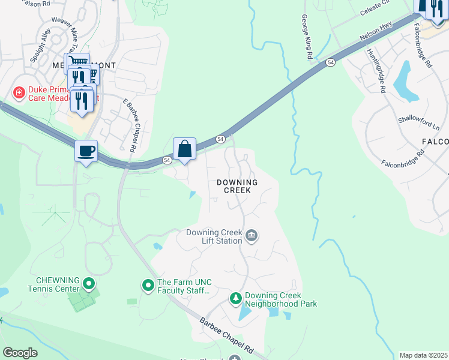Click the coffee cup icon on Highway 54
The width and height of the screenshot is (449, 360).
tap(86, 150)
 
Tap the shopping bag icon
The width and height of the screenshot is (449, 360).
tap(184, 148)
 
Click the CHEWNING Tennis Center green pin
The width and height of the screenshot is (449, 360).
tap(89, 283)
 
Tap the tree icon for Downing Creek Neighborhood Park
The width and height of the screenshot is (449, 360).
tap(237, 298)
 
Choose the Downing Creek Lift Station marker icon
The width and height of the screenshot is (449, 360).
tap(252, 236)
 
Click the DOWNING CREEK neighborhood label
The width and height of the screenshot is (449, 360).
tap(237, 186)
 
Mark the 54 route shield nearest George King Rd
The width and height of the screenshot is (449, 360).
tap(330, 62)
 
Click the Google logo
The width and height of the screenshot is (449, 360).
tap(20, 353)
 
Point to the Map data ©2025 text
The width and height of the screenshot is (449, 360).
tap(423, 355)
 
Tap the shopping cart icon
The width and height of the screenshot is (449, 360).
tap(77, 62)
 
